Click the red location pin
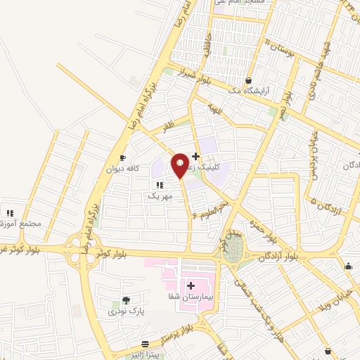click(180, 164)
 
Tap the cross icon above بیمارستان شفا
click(191, 285)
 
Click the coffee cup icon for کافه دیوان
click(122, 158)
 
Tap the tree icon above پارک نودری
click(126, 300)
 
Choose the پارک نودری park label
click(122, 311)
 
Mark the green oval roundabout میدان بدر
click(234, 247)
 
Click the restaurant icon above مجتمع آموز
click(10, 213)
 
